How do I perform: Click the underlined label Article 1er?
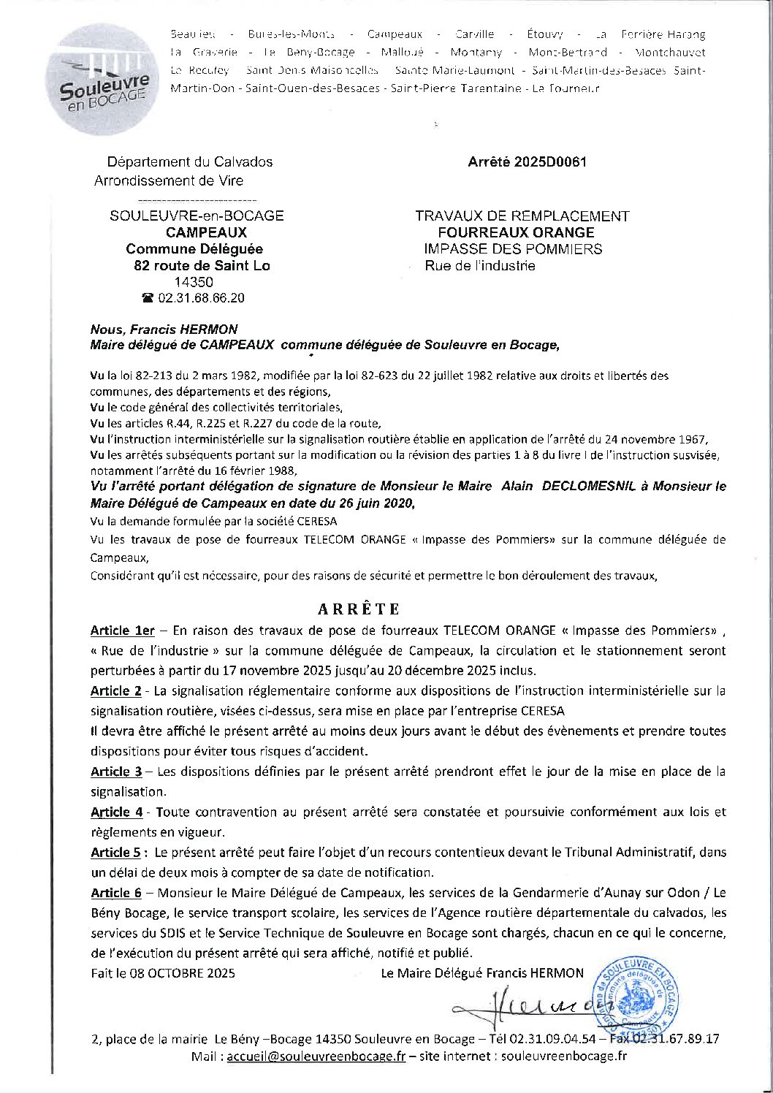[122, 630]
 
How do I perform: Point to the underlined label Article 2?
[116, 690]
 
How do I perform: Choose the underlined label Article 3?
[116, 772]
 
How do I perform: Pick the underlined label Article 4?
[116, 812]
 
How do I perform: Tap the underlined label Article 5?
[115, 852]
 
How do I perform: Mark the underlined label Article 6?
[116, 892]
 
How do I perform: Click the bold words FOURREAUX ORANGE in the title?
[516, 232]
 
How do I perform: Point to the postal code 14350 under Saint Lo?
[194, 282]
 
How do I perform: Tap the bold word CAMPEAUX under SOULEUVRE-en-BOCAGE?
[206, 232]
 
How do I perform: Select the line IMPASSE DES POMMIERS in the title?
[513, 249]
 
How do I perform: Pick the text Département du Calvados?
[189, 162]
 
